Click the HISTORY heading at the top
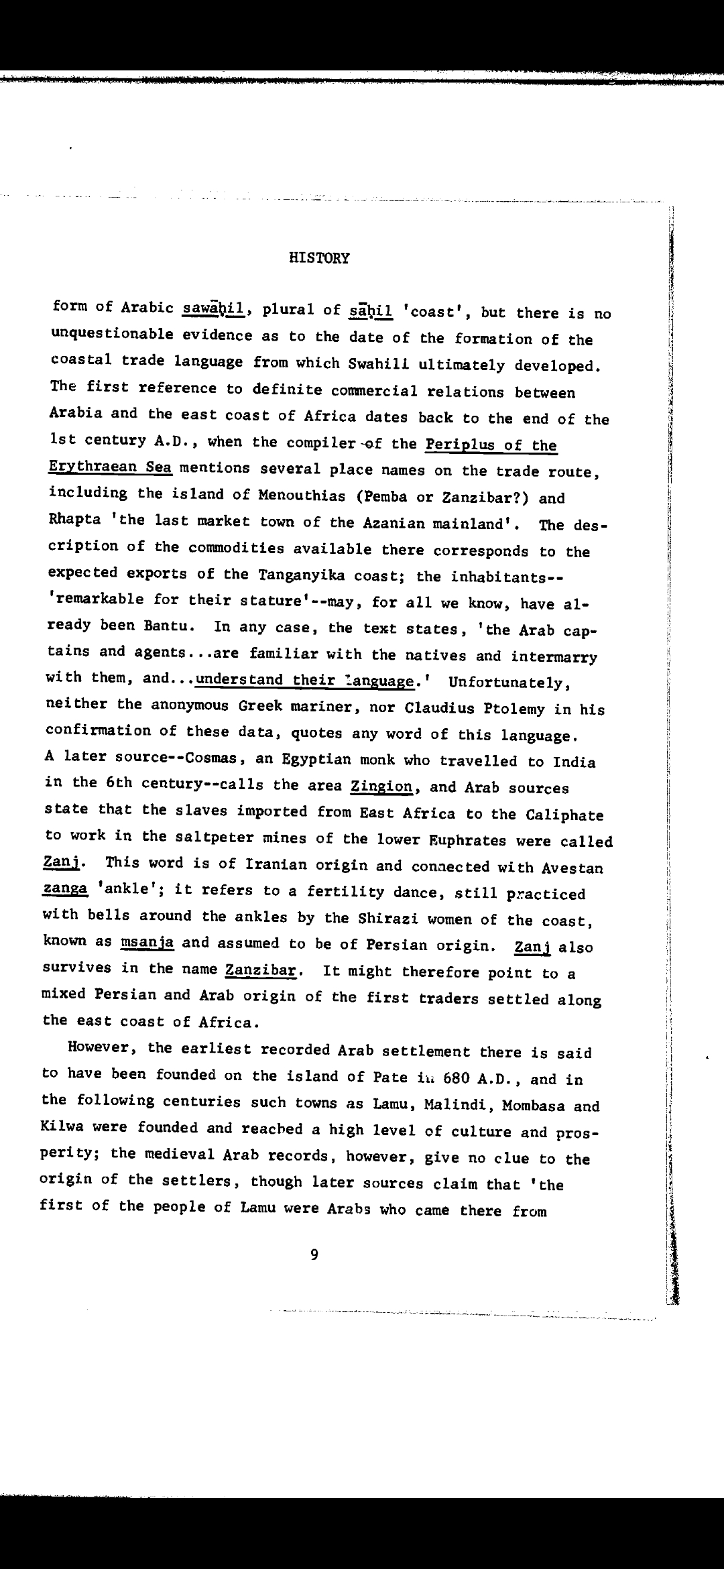[x=319, y=258]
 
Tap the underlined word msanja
[x=147, y=942]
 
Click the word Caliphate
[x=564, y=815]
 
